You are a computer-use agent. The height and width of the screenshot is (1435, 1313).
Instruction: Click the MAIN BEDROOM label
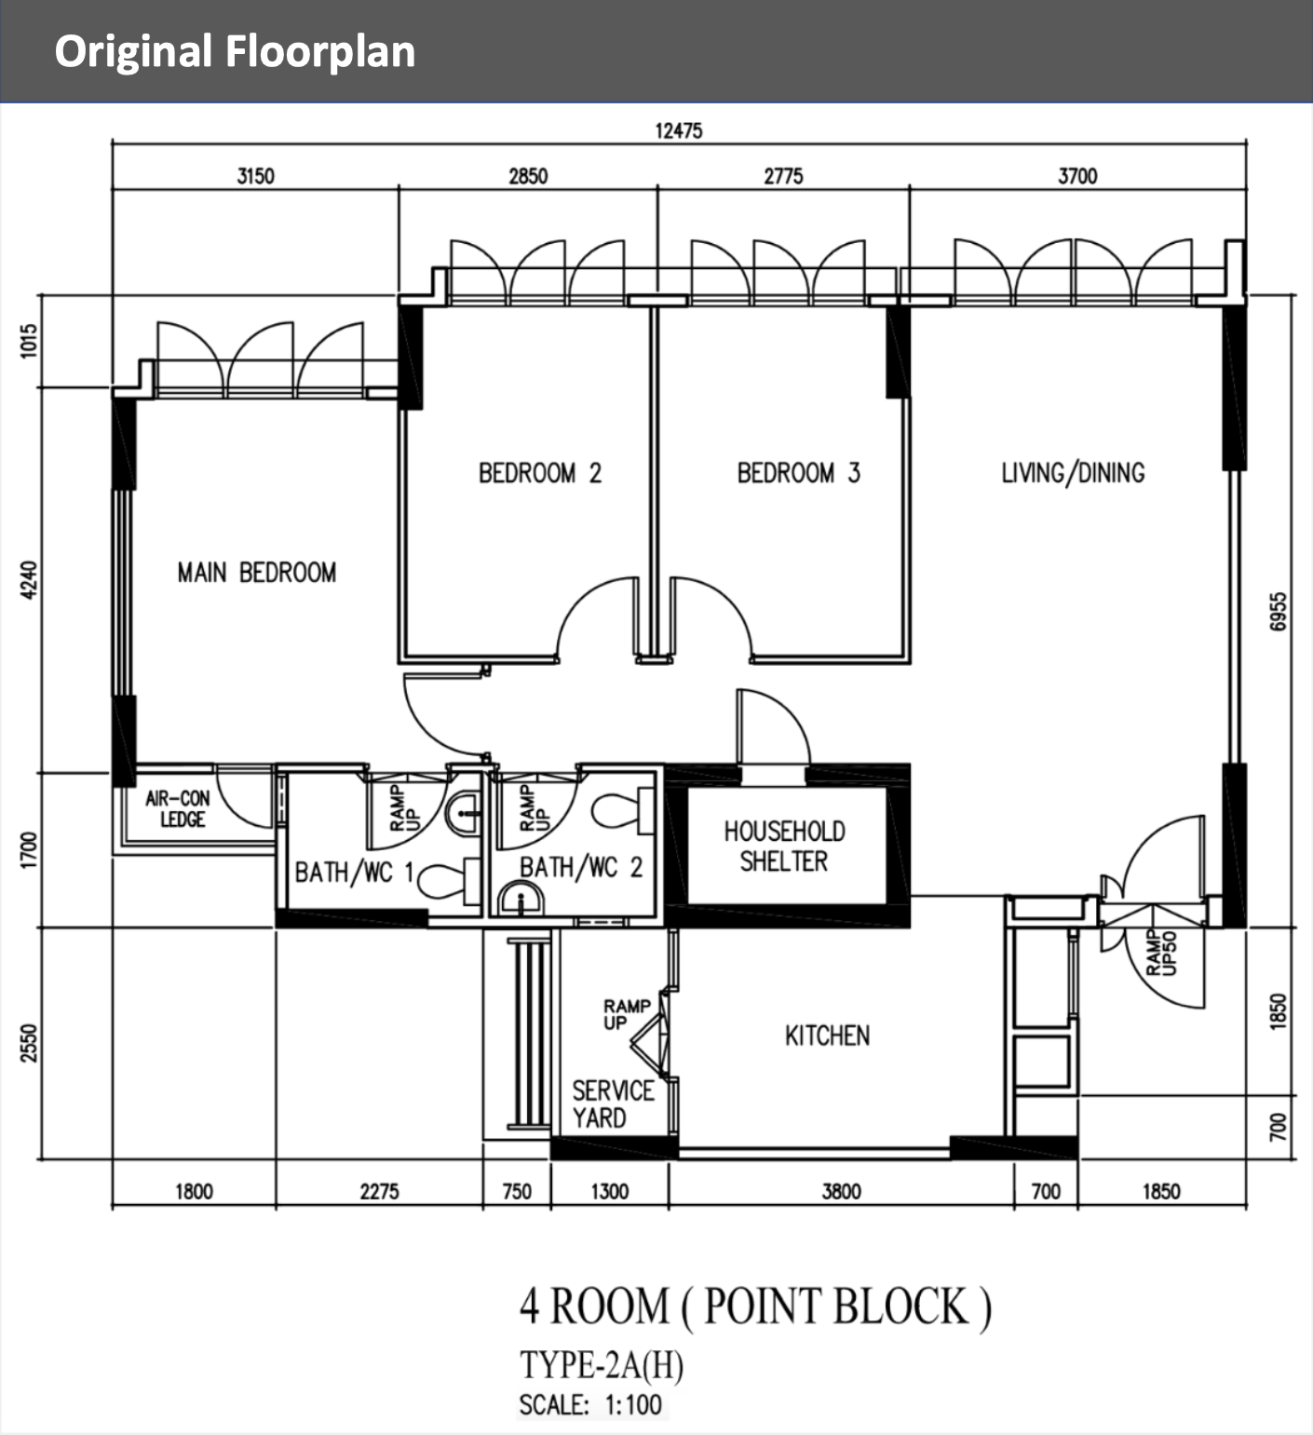pos(257,572)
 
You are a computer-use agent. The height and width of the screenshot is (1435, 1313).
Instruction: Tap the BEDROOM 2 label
pos(540,473)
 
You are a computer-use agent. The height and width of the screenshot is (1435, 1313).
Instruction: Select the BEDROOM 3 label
pos(799,473)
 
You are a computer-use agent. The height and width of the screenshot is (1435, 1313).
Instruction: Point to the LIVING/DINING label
pos(1073,473)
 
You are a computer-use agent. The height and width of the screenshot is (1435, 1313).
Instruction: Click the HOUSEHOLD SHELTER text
pos(784,846)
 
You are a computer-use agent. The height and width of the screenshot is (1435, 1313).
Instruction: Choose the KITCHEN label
pos(827,1036)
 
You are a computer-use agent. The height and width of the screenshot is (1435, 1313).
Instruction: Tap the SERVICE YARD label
pos(613,1103)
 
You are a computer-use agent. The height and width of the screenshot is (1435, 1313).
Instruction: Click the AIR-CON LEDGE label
pos(179,808)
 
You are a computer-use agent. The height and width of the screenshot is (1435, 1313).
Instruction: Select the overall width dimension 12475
pos(679,130)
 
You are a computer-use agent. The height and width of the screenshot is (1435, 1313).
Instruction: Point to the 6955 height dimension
pos(1279,611)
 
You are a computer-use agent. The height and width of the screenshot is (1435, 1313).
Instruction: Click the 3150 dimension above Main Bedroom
pos(255,175)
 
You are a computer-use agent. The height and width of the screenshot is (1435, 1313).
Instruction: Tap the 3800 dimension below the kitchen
pos(841,1191)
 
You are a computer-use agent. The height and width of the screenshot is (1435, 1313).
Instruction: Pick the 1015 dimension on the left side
pos(30,341)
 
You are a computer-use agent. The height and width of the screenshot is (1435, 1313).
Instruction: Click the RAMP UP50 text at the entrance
pos(1161,953)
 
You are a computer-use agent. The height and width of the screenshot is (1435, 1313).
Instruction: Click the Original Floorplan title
pos(235,51)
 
